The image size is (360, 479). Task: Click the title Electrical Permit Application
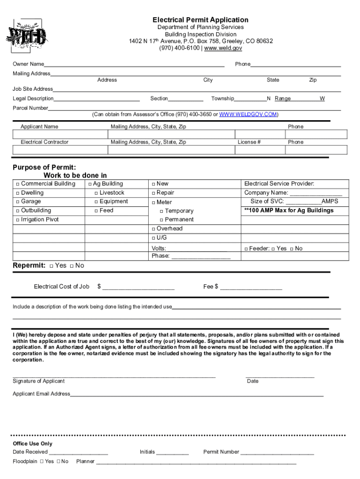click(x=200, y=20)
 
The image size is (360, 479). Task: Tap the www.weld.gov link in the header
click(x=223, y=48)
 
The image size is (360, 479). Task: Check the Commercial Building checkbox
click(x=17, y=184)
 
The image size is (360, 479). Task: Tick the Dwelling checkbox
click(x=17, y=193)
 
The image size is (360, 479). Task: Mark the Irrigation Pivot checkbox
click(x=17, y=220)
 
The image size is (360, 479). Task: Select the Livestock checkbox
click(x=96, y=193)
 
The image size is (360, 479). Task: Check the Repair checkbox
click(x=153, y=193)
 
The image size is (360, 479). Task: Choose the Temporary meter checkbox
click(x=161, y=211)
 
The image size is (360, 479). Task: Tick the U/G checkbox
click(x=153, y=238)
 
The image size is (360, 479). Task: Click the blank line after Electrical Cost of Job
click(x=138, y=287)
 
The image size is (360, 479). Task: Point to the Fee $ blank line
click(x=251, y=287)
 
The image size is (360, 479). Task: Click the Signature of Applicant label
click(x=39, y=381)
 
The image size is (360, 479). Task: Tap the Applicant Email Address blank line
click(x=196, y=394)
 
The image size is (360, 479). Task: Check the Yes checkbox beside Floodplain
click(x=42, y=462)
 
